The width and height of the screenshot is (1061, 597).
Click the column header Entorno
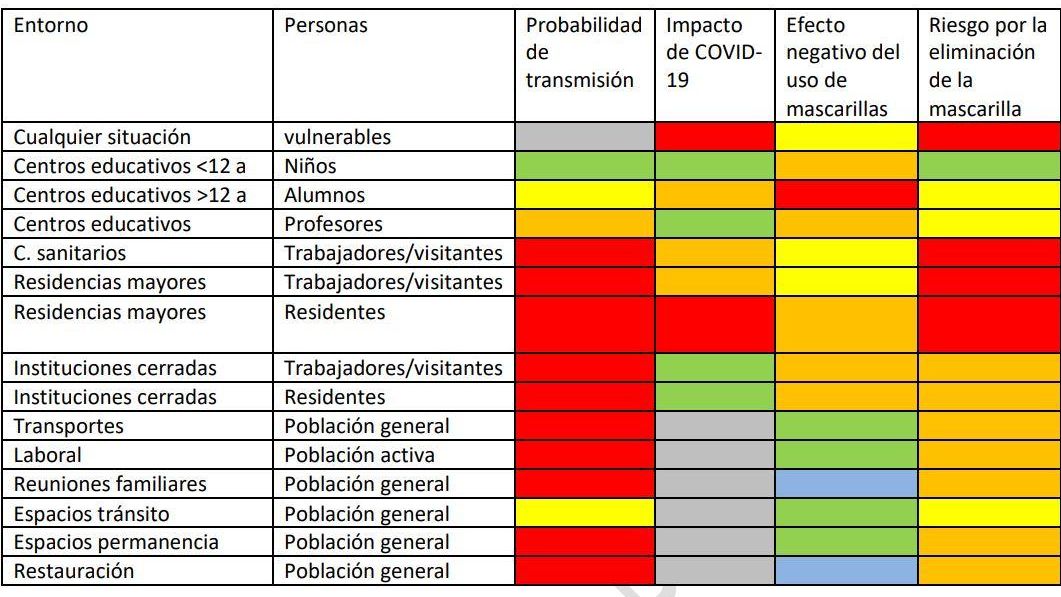50,26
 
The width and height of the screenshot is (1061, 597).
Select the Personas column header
326,26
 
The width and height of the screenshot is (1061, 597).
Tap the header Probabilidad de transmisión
584,53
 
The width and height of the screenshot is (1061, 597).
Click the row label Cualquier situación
102,137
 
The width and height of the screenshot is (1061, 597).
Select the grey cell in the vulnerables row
585,137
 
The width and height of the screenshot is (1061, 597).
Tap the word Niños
310,166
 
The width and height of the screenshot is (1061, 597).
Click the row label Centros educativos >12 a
130,195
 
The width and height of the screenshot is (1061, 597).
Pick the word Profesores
333,224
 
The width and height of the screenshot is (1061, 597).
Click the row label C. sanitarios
70,253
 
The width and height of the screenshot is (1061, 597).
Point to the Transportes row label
69,426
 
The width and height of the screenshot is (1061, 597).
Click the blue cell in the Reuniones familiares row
845,484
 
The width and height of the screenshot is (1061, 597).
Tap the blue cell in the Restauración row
845,572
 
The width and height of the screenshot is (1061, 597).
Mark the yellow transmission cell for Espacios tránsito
585,514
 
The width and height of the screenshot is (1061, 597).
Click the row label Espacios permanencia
116,543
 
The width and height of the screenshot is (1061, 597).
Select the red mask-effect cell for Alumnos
845,195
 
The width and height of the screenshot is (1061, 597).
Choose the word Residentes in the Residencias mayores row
335,312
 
